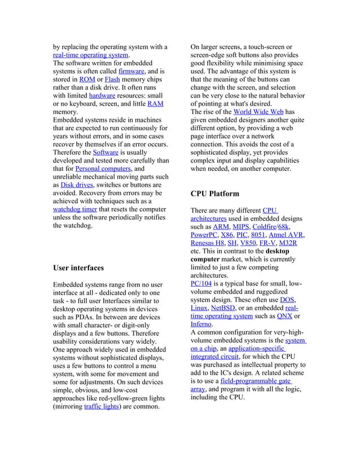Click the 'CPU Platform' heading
[x=215, y=194]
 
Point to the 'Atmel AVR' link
[x=287, y=235]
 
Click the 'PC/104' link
[x=203, y=283]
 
